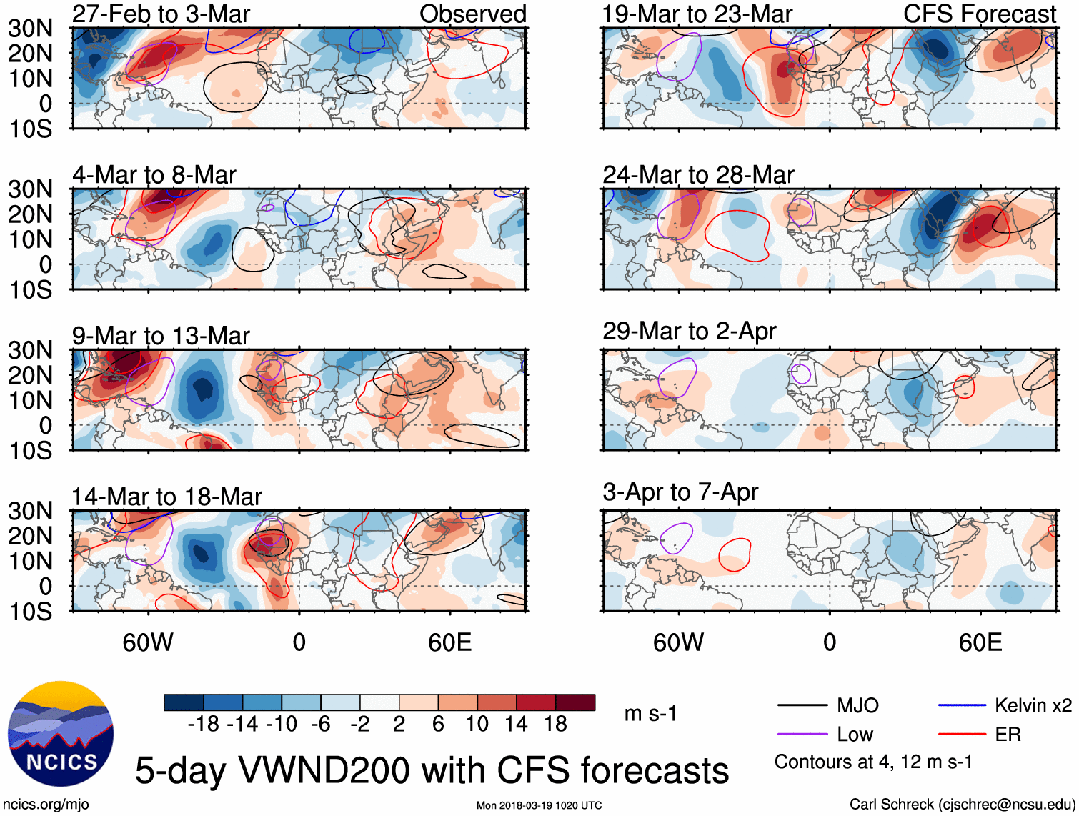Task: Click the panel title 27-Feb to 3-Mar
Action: (x=161, y=14)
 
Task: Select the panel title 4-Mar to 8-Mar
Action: (x=154, y=175)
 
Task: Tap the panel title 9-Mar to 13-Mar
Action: (x=161, y=336)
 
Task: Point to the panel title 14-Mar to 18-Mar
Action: (x=166, y=497)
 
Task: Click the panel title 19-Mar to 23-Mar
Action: (x=697, y=14)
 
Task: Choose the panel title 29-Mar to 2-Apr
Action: (x=689, y=332)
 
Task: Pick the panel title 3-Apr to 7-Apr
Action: (x=680, y=492)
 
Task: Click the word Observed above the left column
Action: (x=472, y=14)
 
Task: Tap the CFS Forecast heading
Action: (x=979, y=14)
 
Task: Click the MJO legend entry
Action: (x=857, y=706)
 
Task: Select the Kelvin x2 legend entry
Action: (x=1033, y=706)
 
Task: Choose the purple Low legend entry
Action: (x=855, y=735)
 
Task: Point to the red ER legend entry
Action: (x=1008, y=735)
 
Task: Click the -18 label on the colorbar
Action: (x=204, y=725)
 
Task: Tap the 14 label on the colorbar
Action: (x=516, y=725)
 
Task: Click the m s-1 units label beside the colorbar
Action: (x=650, y=714)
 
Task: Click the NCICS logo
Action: (x=61, y=734)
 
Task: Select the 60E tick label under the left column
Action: (x=449, y=642)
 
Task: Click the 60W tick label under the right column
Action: (x=678, y=642)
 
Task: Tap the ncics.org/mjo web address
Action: (x=46, y=805)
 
